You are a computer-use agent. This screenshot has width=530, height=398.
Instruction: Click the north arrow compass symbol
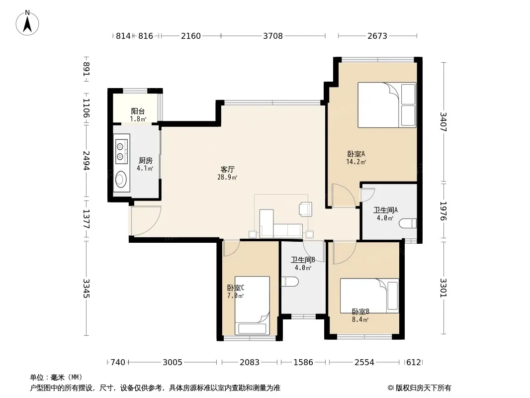point(27,23)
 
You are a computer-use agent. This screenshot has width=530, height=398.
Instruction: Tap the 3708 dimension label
point(273,36)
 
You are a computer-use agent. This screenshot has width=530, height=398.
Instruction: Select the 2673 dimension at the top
point(377,36)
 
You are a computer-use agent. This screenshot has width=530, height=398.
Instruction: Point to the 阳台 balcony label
point(138,111)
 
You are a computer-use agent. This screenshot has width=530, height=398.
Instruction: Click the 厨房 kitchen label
point(145,161)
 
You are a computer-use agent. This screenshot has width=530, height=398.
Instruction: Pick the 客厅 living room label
point(228,169)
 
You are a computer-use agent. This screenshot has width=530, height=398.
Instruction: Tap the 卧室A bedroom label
point(356,154)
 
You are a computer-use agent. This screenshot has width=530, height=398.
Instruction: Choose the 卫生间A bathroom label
point(385,210)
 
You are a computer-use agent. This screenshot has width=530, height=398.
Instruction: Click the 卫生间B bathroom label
point(303,260)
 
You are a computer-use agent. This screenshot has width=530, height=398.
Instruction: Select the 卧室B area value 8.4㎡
point(360,319)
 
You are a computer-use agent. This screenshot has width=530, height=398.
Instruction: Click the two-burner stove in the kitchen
point(121,152)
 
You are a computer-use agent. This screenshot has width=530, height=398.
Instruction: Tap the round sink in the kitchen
point(121,179)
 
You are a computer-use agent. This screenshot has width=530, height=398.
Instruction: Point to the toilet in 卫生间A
point(408,223)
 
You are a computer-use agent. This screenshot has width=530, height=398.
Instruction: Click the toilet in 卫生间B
point(290,282)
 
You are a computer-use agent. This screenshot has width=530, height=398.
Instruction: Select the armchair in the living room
point(306,208)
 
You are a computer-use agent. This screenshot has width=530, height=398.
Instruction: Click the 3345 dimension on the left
point(87,288)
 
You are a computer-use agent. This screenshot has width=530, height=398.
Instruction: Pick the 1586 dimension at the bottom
point(303,363)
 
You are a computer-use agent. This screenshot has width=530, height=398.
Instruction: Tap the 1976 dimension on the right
point(443,211)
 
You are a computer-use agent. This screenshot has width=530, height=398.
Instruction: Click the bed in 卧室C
point(252,305)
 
